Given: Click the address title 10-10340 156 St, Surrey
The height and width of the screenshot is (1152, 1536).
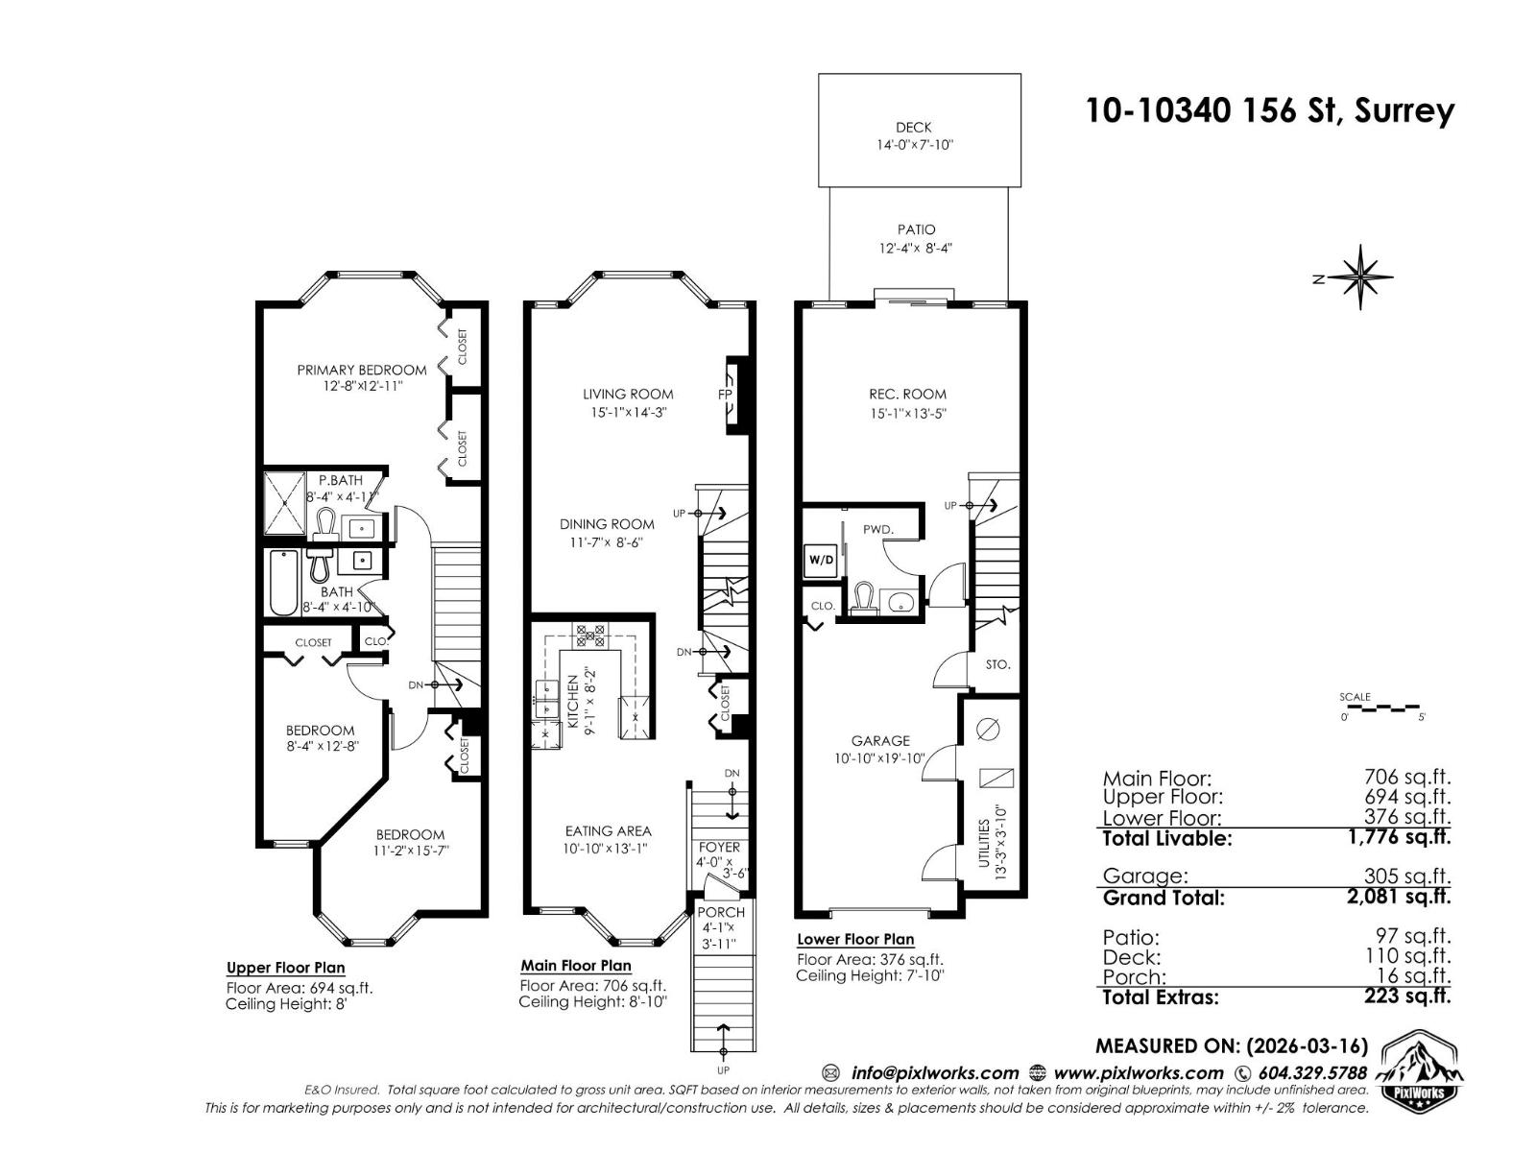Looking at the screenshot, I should (1269, 111).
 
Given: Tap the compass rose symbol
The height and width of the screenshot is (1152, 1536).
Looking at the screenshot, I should (1361, 278).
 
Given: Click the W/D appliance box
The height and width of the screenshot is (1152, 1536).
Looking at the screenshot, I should (821, 560).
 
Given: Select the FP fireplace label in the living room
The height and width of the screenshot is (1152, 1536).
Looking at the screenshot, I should (726, 395).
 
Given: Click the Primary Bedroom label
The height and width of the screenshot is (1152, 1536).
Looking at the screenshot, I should (361, 370).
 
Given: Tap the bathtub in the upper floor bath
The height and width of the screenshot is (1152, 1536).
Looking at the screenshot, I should (283, 583).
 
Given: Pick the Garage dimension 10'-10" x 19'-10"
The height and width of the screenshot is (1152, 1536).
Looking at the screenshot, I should (880, 758).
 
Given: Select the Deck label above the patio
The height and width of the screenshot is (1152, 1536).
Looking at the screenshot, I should (913, 127).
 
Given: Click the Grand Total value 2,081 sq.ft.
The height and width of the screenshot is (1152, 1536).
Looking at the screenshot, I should (1407, 897).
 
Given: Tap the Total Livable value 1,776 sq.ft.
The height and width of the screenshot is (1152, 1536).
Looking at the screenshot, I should (1407, 836).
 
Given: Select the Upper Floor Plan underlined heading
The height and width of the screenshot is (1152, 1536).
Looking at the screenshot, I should (285, 968).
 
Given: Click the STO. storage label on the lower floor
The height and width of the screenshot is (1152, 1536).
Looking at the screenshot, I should (997, 664).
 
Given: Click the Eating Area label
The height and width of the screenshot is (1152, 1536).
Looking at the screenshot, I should (608, 830).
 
